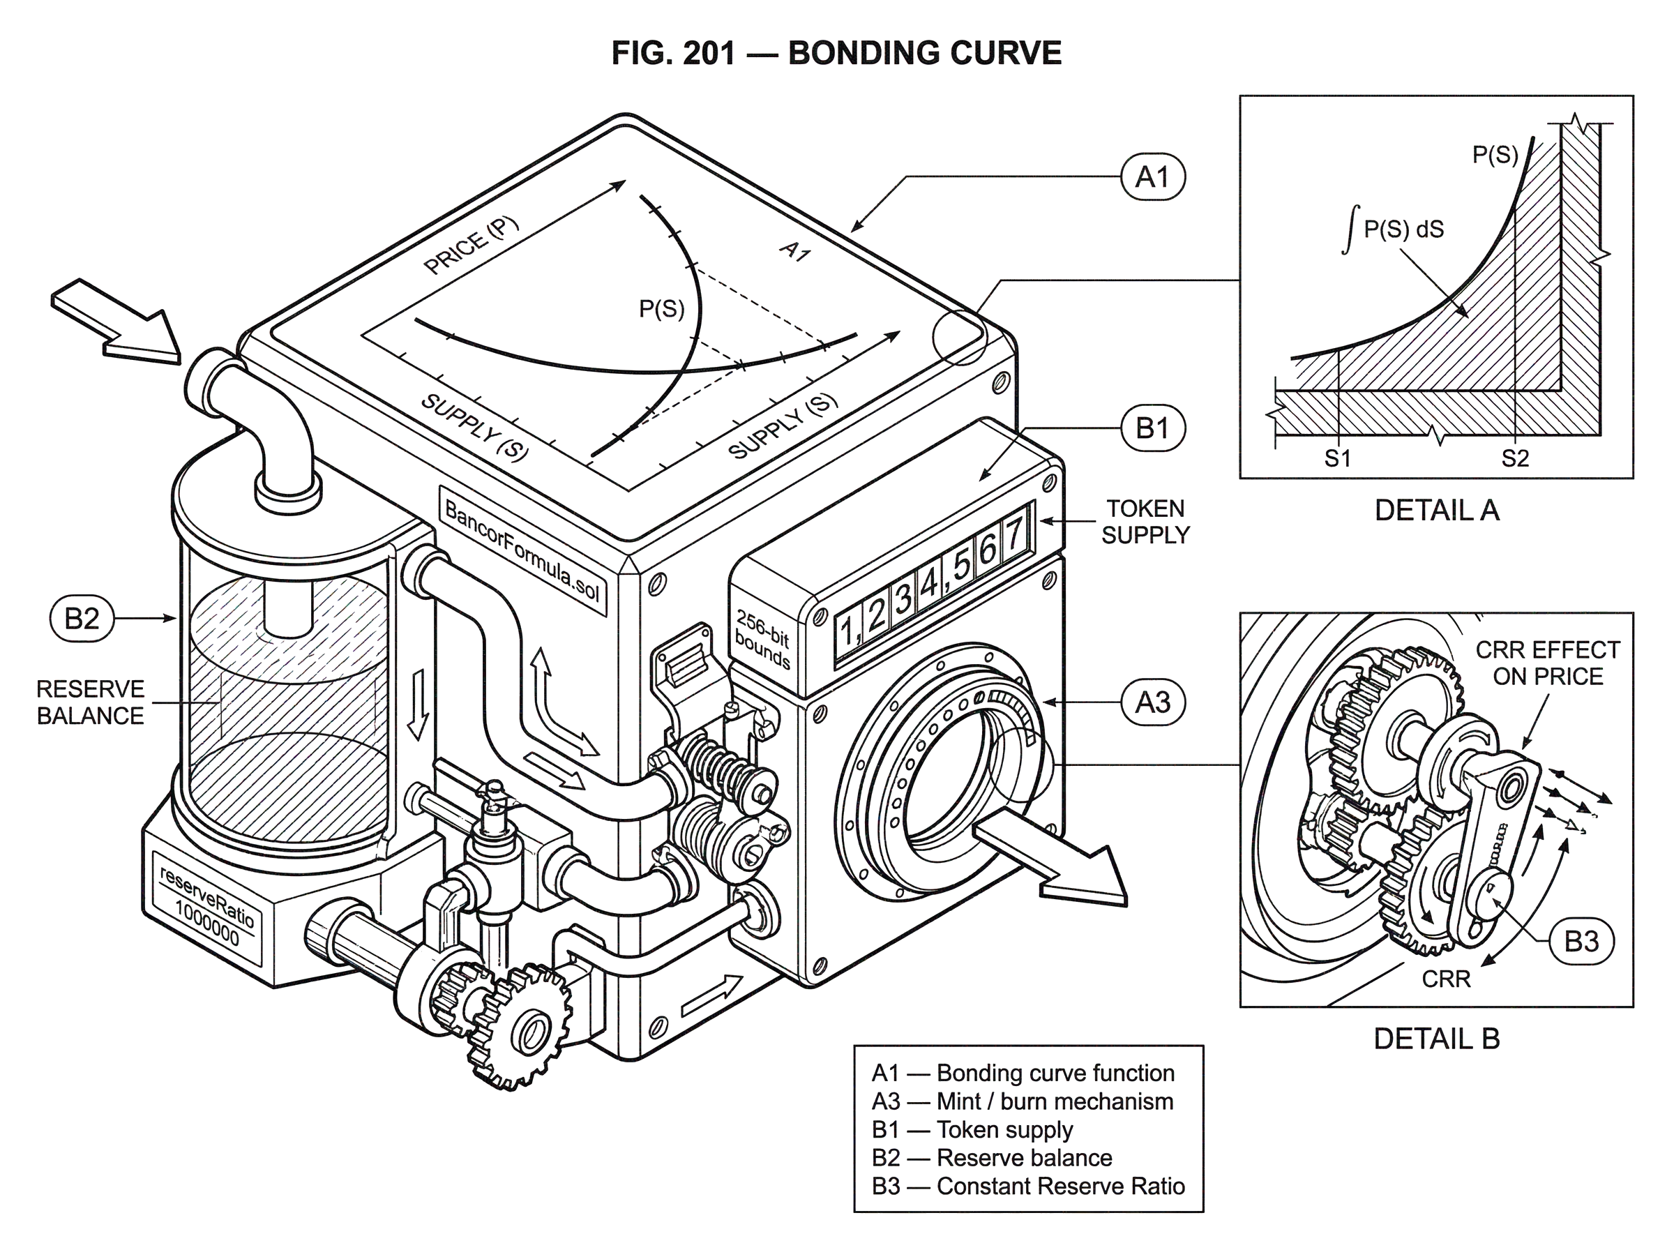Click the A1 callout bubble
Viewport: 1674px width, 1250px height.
(1152, 177)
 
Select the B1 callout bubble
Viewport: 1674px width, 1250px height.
(1152, 428)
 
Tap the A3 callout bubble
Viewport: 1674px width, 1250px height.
(1152, 703)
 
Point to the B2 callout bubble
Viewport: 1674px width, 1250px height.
(82, 618)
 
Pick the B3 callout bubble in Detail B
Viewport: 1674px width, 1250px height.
(1581, 941)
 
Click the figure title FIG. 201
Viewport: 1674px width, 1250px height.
(672, 53)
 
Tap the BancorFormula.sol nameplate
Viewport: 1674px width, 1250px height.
(522, 550)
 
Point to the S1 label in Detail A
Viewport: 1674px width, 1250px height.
(1336, 458)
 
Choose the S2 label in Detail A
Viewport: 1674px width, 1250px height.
(1515, 458)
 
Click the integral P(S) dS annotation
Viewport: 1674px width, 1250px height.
(1392, 229)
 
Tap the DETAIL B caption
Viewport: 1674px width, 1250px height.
(1436, 1039)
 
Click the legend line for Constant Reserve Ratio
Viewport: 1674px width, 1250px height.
(1028, 1186)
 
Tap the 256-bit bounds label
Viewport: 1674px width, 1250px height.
(762, 641)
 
